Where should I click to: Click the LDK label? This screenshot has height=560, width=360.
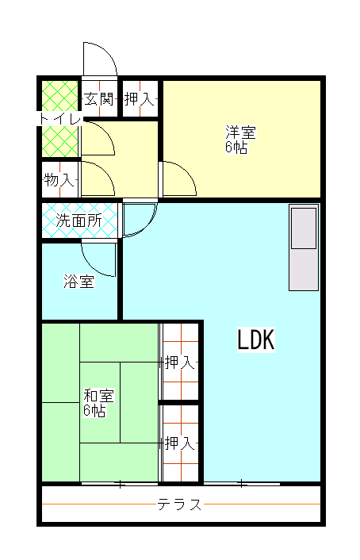(256, 339)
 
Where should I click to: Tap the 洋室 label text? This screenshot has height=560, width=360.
(240, 132)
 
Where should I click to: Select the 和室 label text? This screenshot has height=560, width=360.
(98, 396)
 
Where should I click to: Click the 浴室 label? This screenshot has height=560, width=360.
(79, 281)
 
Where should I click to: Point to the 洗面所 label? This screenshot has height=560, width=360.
(79, 221)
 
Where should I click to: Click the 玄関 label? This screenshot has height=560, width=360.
(99, 99)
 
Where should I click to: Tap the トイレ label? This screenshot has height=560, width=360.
(59, 118)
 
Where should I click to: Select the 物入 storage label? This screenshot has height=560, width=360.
(59, 179)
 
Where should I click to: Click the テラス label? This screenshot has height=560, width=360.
(180, 504)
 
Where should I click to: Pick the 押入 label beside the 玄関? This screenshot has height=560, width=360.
(140, 99)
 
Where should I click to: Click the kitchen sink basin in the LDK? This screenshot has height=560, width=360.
(304, 228)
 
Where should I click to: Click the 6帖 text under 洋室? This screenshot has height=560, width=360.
(236, 147)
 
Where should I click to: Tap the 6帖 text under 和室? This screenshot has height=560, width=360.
(94, 410)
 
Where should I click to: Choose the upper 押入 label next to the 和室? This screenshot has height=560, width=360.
(180, 362)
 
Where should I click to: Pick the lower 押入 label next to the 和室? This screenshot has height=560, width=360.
(180, 443)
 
